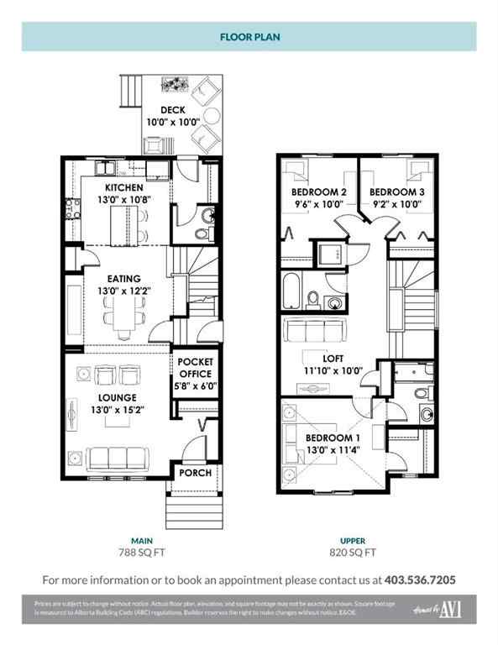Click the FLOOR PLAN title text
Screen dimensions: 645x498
249,38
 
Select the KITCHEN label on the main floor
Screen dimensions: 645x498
123,186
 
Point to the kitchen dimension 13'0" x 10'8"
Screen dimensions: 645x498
123,199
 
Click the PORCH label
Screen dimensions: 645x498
196,473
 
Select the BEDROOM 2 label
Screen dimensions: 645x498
313,191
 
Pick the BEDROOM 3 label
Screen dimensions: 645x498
396,191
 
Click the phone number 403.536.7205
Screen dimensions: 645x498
420,579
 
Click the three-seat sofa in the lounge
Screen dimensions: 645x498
118,459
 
